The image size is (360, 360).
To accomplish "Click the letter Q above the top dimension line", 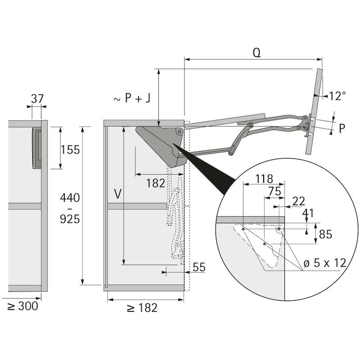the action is coord(256,53).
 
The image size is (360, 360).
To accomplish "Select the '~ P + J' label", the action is coord(132,98).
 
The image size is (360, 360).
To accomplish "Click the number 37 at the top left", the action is coord(37,99).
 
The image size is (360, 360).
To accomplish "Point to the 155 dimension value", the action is coord(70,150).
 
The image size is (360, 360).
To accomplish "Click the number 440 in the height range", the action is coord(70,198).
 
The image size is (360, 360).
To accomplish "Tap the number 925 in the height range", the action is coord(70,219).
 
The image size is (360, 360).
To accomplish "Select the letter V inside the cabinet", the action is coord(117,194).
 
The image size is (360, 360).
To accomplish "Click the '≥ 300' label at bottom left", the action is coord(22,306).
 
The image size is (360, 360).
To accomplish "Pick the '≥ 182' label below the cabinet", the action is coord(142,308).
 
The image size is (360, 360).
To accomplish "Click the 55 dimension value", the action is coord(199,267).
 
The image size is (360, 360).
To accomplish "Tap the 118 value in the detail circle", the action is coord(264,179).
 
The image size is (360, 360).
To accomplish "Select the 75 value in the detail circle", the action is coord(275,191).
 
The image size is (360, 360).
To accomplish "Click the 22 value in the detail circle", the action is coord(299,201).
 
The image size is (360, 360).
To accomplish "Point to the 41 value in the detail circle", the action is coord(308,213).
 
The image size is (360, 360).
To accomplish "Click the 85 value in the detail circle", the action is coord(325,234).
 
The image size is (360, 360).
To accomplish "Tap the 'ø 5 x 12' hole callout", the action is coord(325,263).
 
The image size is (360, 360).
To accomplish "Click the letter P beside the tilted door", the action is coord(342,129).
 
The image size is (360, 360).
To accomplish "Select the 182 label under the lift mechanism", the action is coord(156,183).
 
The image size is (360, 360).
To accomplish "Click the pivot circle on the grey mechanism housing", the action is coord(179,132).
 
